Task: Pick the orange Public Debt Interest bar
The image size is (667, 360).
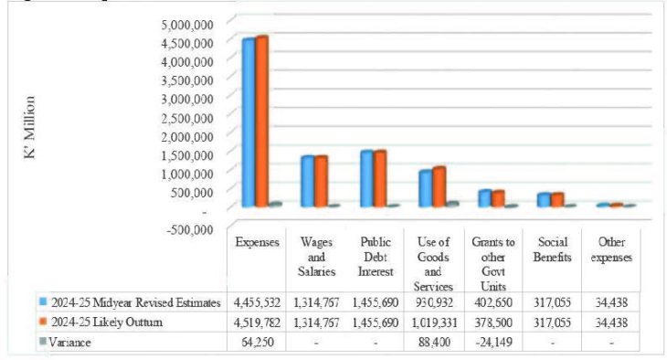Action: tap(380, 178)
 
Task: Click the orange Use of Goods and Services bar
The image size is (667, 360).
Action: tap(439, 186)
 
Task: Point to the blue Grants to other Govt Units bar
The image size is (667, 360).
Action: tap(484, 198)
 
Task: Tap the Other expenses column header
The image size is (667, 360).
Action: tap(610, 249)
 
